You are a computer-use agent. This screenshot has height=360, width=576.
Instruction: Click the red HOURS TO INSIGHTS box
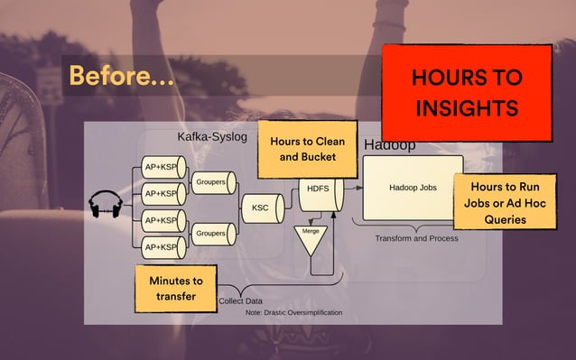(466, 92)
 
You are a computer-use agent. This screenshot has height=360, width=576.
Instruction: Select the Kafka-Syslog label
(216, 138)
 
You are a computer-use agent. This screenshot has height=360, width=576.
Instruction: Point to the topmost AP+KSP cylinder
(163, 167)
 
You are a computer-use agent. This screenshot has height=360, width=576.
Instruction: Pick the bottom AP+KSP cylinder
(163, 246)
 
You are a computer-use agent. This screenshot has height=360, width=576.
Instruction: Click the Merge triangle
(311, 240)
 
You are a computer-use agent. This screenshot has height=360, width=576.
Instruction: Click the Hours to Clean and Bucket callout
(307, 149)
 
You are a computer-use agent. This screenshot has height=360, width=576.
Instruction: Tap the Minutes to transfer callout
(176, 288)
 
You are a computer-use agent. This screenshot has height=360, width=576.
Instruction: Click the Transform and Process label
(416, 238)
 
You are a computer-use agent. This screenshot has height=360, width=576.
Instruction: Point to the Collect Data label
(241, 300)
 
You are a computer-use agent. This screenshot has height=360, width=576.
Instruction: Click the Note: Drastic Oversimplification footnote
(293, 313)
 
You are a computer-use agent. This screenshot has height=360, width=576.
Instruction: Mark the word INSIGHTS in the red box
(467, 109)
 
